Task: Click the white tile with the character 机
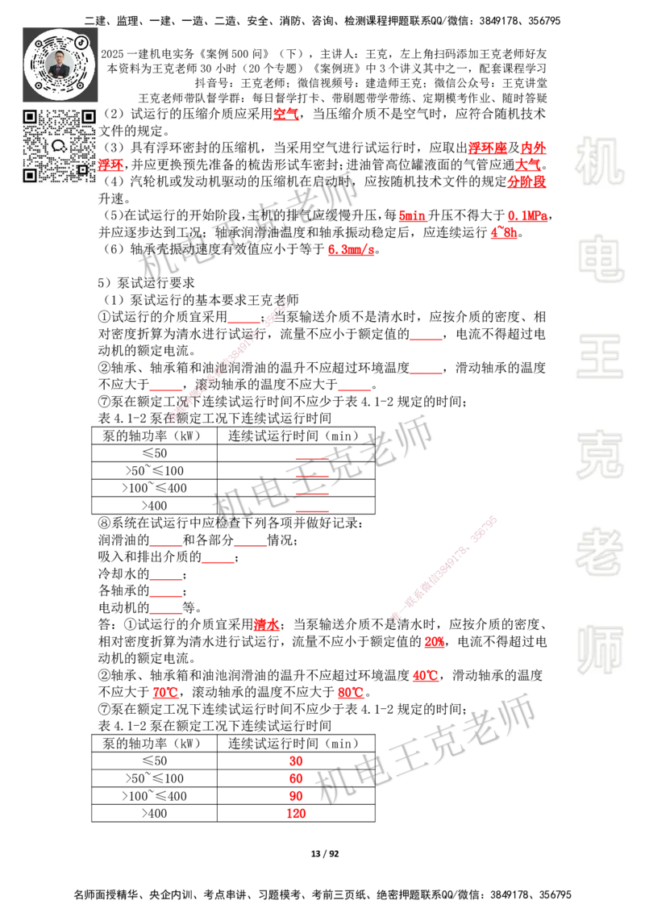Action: coord(599,161)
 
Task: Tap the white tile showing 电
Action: coord(602,258)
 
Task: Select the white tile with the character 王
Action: coord(599,358)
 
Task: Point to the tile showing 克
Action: coord(599,455)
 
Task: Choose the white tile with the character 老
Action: coord(599,552)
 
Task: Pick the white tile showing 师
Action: coord(599,652)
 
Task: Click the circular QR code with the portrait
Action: coord(60,64)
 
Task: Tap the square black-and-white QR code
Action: coord(60,145)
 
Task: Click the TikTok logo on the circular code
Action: coord(81,41)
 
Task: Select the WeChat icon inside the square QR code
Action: coord(59,146)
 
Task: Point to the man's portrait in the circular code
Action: coord(60,65)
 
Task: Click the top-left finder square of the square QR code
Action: coord(30,116)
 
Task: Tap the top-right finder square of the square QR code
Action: coord(89,116)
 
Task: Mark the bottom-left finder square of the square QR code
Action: coord(30,175)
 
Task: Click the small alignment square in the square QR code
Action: coord(82,169)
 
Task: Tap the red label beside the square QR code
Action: coord(112,166)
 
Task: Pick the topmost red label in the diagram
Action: coord(286,114)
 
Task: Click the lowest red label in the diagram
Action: coord(297,814)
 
